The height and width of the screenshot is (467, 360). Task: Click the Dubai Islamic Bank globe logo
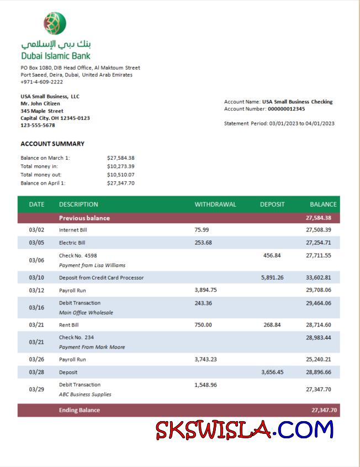click(x=55, y=23)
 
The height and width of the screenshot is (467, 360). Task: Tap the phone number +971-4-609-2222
click(x=41, y=82)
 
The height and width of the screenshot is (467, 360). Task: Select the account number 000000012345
click(x=286, y=109)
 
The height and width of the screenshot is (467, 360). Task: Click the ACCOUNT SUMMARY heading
click(x=52, y=144)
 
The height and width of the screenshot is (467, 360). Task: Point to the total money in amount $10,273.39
click(x=121, y=166)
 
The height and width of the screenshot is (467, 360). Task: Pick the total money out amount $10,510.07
click(x=121, y=175)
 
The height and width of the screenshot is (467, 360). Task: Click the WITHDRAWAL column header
click(x=215, y=204)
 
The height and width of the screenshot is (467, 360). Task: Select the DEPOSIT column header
click(x=272, y=204)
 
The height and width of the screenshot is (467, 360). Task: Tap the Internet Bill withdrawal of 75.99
click(x=202, y=229)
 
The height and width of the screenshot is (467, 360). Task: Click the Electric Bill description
click(x=72, y=243)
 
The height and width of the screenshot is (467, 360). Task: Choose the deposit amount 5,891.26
click(x=272, y=277)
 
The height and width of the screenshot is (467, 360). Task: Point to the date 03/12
click(x=36, y=290)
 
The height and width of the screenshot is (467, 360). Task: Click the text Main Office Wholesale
click(x=86, y=312)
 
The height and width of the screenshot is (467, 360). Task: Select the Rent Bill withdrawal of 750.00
click(x=203, y=325)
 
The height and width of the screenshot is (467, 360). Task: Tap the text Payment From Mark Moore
click(x=92, y=347)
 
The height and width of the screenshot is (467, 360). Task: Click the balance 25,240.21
click(x=319, y=359)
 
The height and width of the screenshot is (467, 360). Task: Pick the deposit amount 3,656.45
click(x=272, y=372)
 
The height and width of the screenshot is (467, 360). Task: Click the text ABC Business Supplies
click(x=85, y=395)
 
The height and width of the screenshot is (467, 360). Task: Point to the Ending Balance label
click(x=80, y=410)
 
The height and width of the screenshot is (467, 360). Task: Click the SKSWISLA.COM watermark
click(x=245, y=429)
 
